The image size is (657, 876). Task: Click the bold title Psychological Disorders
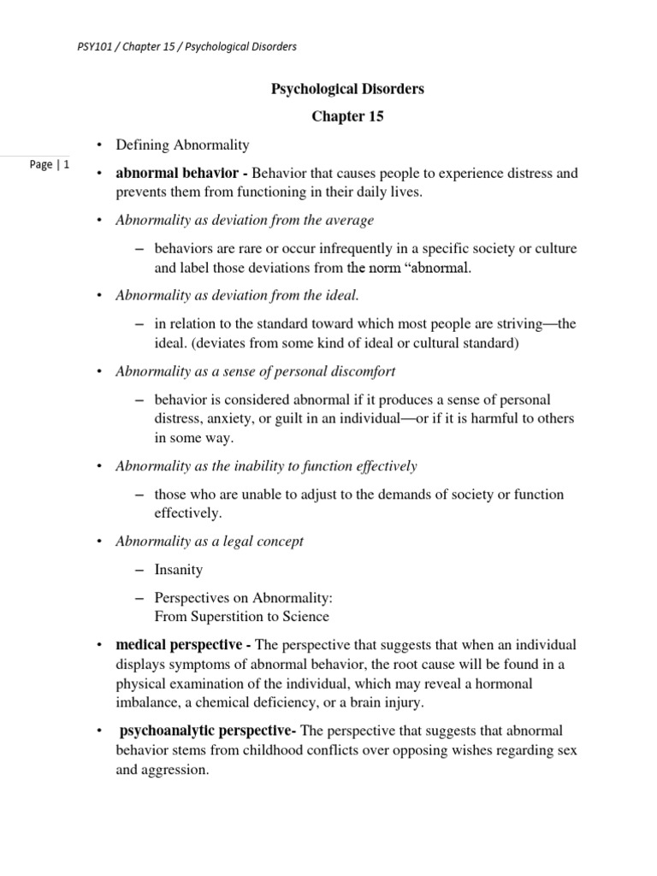pyautogui.click(x=347, y=88)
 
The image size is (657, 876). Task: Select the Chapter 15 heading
pyautogui.click(x=346, y=117)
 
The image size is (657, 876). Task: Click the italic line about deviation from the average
pyautogui.click(x=244, y=220)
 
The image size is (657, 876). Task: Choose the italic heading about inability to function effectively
pyautogui.click(x=266, y=465)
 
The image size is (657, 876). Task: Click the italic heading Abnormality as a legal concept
pyautogui.click(x=209, y=541)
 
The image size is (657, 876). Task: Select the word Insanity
pyautogui.click(x=179, y=569)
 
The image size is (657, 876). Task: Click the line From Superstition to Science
pyautogui.click(x=242, y=616)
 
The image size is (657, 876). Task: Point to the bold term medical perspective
pyautogui.click(x=179, y=644)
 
